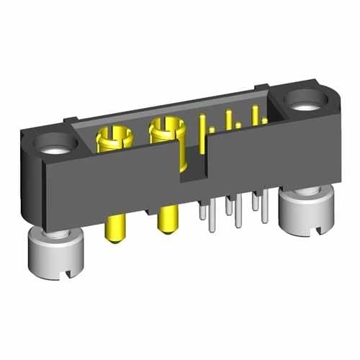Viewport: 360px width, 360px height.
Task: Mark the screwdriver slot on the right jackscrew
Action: [x=322, y=227]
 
